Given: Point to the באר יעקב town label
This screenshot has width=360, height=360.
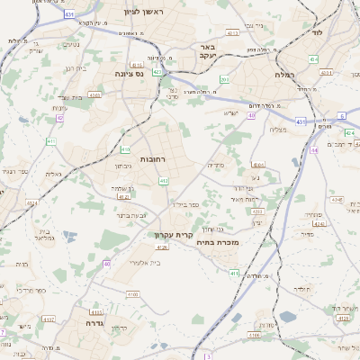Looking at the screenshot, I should point(207,51).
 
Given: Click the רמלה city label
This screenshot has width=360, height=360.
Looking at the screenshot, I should point(286,88).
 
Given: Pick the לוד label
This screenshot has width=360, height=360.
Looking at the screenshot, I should point(317,31).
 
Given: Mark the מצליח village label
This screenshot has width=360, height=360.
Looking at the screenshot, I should point(277,129).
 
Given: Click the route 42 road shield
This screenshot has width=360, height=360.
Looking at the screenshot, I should point(60,117).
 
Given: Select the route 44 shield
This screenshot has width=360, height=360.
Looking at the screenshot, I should point(314,150).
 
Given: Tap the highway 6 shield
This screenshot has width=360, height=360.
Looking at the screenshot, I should point(342,116).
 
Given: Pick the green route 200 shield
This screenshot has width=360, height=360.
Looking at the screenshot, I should point(224,80).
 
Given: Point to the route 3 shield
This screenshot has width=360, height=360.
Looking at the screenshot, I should point(207,356).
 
